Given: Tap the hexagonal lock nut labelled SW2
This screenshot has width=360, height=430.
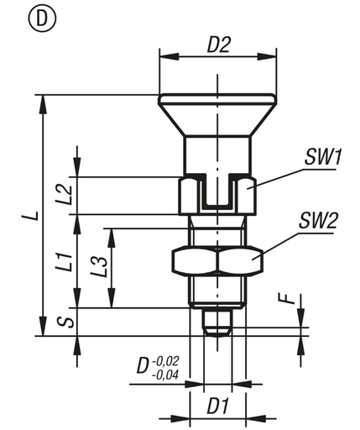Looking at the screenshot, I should [x=218, y=262].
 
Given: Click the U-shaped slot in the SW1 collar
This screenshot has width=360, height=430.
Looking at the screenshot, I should [x=218, y=195].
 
